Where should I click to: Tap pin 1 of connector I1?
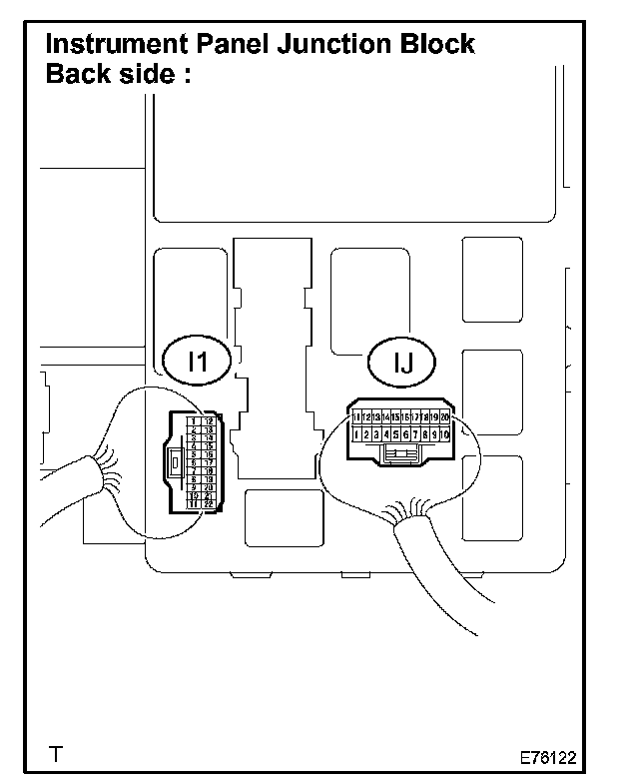point(193,421)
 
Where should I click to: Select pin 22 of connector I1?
point(208,503)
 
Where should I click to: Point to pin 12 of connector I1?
point(208,421)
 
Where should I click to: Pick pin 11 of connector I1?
point(193,503)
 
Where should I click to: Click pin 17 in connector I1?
point(208,463)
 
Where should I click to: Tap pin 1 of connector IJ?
point(356,434)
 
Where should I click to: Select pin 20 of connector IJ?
point(444,415)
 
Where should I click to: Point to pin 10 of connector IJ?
point(444,434)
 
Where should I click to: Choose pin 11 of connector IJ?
point(356,415)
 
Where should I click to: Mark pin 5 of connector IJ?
point(396,434)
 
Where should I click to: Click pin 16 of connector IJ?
point(405,415)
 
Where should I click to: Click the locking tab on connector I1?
point(178,462)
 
